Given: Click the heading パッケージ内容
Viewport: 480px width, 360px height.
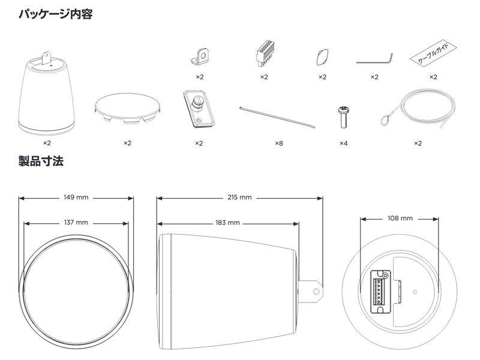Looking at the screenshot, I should click(x=55, y=13).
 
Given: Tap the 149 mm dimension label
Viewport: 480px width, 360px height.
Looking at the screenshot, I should click(x=76, y=197).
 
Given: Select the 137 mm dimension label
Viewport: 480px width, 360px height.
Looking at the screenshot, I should click(x=76, y=222).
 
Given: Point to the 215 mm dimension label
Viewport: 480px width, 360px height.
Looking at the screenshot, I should click(x=239, y=197).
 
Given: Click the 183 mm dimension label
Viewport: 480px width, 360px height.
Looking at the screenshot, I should click(x=227, y=222).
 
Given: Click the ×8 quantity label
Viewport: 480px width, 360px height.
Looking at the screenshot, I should click(x=278, y=143).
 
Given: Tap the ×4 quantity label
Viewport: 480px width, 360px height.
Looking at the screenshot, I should click(x=343, y=143).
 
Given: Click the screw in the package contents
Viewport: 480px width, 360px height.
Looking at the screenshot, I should click(x=343, y=116).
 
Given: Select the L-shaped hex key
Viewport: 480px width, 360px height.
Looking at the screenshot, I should click(x=374, y=59).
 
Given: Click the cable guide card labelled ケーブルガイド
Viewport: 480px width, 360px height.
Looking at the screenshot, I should click(x=433, y=56).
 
